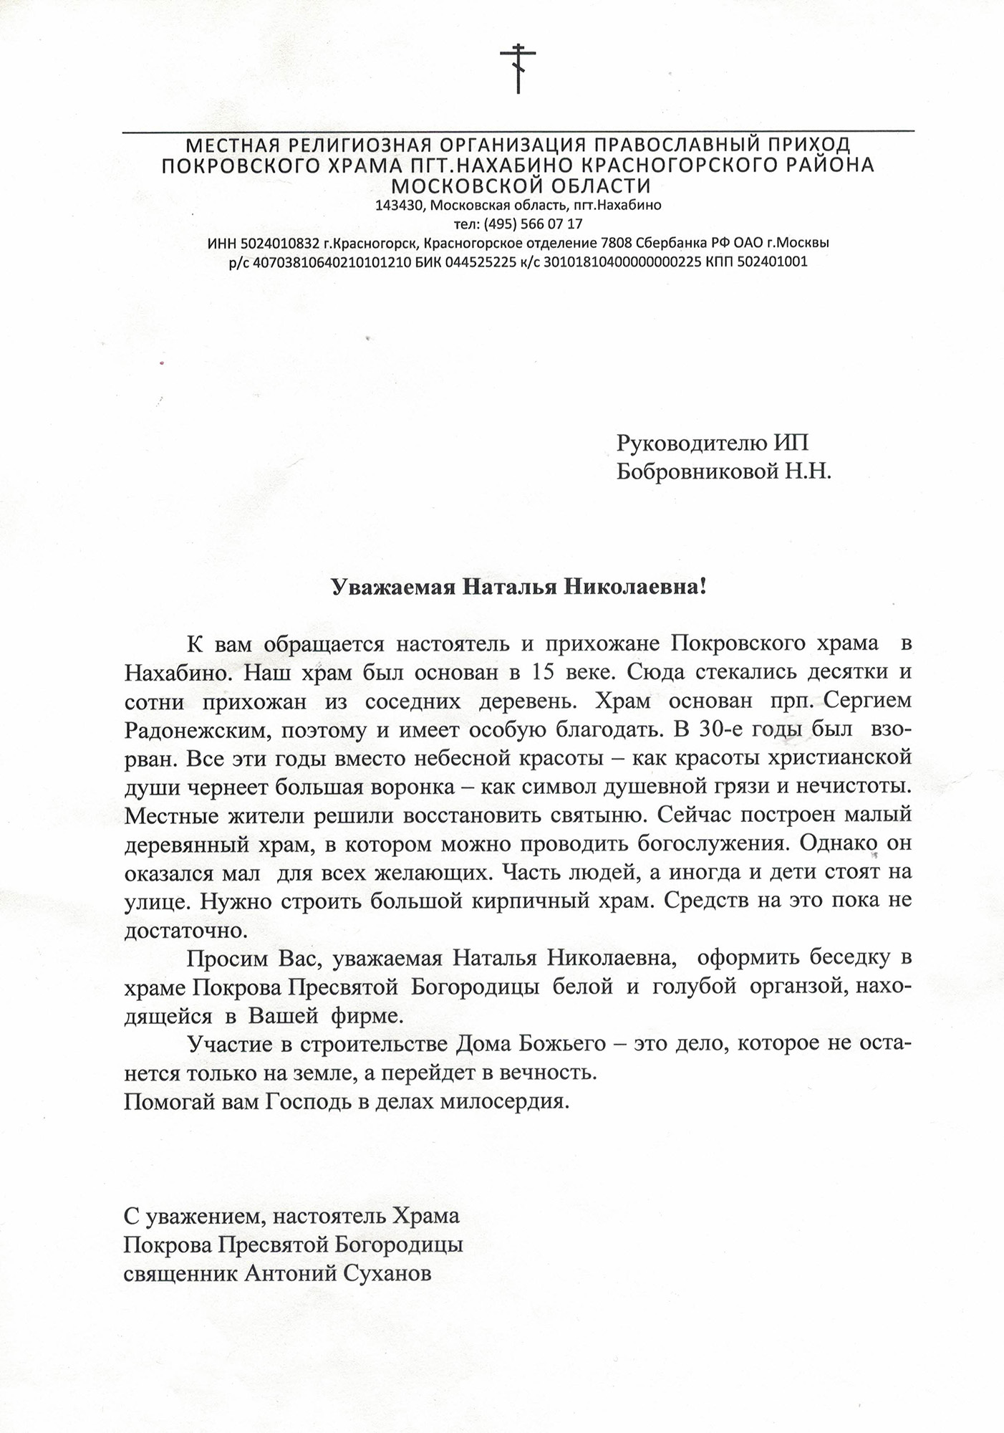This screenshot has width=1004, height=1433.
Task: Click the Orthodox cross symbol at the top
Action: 517,68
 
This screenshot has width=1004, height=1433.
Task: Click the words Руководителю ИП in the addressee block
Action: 712,443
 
